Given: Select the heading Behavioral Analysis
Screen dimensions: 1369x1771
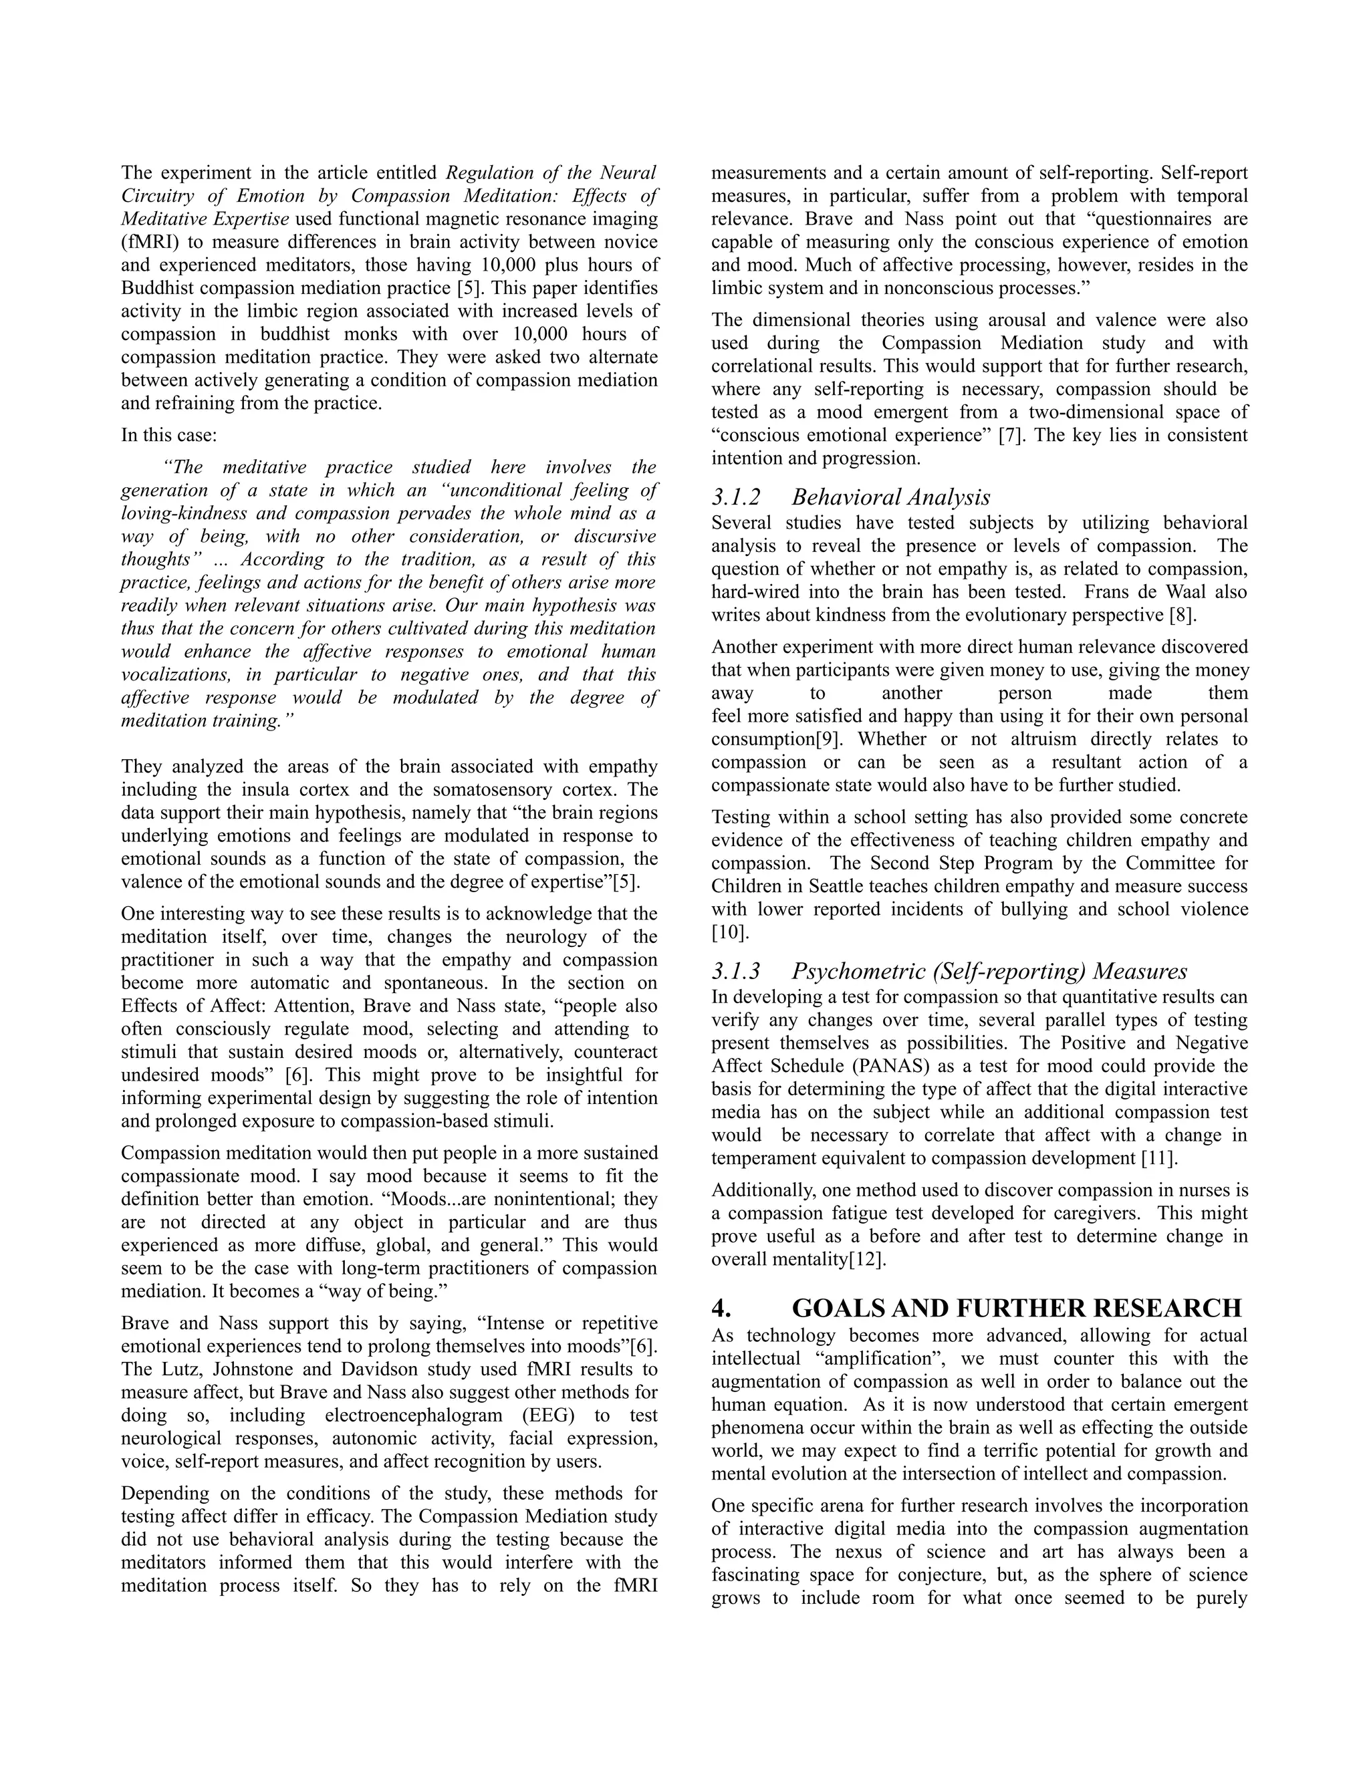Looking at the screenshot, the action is [x=890, y=497].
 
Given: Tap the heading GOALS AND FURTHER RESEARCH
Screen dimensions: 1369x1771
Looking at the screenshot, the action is [x=1016, y=1308].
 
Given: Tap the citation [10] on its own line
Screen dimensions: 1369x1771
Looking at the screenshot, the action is [x=729, y=932].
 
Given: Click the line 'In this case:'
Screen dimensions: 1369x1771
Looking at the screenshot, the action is [x=170, y=436].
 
